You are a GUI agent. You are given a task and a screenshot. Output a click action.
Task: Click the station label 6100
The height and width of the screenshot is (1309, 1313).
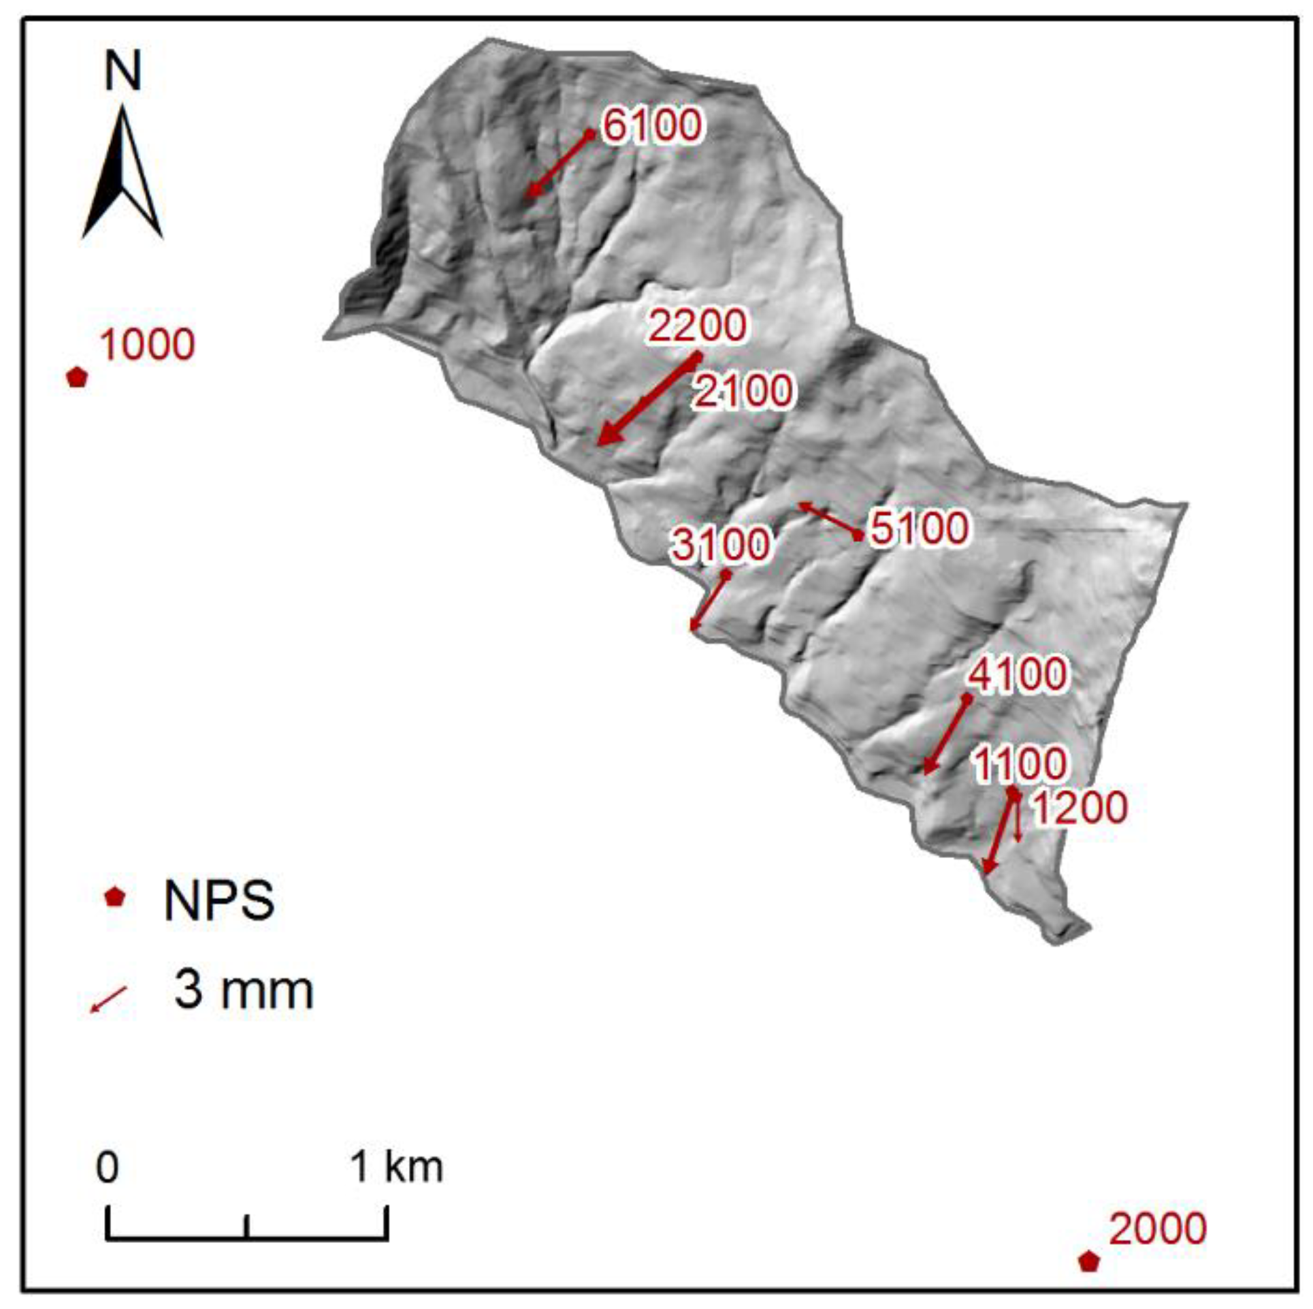[x=651, y=125]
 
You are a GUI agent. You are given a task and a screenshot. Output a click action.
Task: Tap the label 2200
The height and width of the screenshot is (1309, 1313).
[x=696, y=325]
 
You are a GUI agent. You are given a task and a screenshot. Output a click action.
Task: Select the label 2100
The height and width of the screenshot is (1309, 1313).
[x=743, y=391]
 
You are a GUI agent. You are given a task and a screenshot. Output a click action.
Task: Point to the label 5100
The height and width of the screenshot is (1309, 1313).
[x=919, y=527]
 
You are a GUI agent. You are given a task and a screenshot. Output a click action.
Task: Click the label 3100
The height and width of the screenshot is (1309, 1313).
[x=721, y=544]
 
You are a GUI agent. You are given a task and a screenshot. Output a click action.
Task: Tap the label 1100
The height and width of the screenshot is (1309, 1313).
[x=1019, y=763]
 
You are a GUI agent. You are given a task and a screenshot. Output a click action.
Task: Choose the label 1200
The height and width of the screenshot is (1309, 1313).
[x=1080, y=808]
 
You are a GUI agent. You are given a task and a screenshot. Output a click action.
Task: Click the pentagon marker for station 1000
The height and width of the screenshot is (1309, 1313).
[x=77, y=377]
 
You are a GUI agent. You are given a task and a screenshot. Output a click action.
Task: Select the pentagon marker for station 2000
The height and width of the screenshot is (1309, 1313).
[x=1088, y=1261]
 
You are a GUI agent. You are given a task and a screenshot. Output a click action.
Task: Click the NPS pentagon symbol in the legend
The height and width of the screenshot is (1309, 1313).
[x=114, y=897]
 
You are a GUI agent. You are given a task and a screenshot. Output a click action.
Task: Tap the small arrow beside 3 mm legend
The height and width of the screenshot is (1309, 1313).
[x=109, y=998]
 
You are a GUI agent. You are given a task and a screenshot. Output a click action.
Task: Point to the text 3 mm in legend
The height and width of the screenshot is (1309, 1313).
[x=243, y=990]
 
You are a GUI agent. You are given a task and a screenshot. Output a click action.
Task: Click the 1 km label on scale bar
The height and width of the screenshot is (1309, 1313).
[x=396, y=1166]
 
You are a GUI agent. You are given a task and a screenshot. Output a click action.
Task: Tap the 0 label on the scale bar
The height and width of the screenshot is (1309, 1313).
[x=108, y=1167]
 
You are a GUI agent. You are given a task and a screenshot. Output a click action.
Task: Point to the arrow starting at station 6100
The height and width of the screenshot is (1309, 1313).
[x=559, y=164]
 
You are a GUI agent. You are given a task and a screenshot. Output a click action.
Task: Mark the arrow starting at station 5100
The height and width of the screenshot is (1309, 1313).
[x=828, y=520]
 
